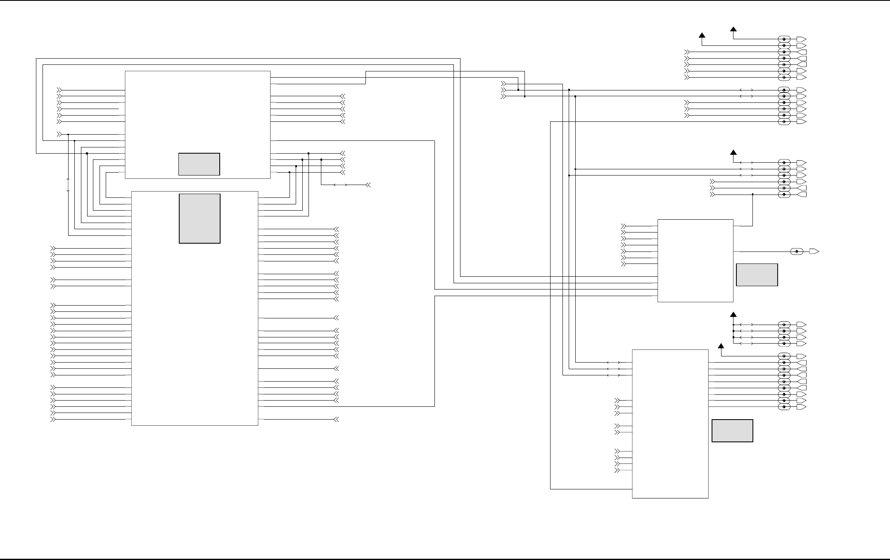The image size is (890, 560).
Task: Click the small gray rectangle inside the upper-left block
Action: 199,164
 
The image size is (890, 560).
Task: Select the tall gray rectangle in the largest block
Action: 199,218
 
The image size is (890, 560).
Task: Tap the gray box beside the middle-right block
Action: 757,275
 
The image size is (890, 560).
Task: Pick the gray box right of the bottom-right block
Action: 732,431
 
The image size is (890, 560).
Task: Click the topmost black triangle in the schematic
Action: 733,29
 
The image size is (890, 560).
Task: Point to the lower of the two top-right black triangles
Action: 702,36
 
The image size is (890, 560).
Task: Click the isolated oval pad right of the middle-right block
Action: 797,252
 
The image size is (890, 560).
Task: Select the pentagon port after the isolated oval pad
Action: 814,252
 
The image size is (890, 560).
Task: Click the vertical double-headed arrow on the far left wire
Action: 68,185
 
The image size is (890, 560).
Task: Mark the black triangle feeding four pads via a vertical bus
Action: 733,315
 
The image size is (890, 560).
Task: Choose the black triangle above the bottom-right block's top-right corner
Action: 721,346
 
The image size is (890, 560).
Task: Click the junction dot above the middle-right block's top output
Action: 752,194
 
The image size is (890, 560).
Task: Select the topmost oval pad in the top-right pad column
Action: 784,39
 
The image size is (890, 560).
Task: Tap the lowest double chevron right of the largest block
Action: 336,420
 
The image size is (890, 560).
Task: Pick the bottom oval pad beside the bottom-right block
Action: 784,407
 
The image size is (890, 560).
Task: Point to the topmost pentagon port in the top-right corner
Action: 801,39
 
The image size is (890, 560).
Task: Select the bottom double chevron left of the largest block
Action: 53,420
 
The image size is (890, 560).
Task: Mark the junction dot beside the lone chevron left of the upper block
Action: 68,135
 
